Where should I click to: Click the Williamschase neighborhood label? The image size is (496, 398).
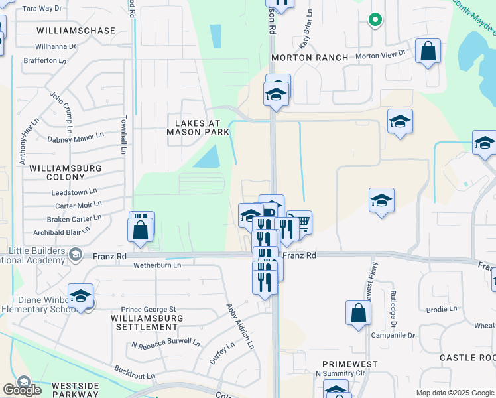pos(76,31)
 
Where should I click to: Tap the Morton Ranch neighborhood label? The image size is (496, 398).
pos(310,58)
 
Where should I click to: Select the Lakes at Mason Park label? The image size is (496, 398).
pos(197,127)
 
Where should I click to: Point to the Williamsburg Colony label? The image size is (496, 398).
pos(65,172)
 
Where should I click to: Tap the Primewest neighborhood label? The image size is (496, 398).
pos(349,364)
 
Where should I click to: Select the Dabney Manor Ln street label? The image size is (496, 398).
pos(76,137)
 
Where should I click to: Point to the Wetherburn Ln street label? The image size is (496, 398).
pos(157,265)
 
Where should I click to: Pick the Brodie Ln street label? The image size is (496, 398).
pos(442,309)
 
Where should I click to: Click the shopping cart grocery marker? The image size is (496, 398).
pos(300,222)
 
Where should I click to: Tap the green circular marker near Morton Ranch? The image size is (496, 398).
pos(375,20)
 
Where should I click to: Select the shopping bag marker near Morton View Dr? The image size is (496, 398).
pos(428,51)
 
